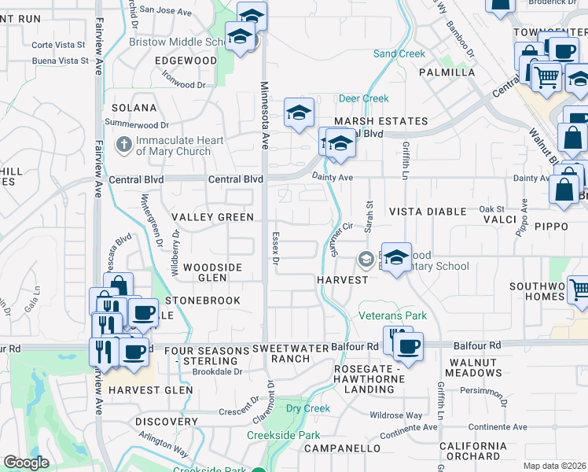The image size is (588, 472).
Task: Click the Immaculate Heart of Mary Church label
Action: click(179, 146)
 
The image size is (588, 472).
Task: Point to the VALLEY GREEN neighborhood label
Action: click(213, 217)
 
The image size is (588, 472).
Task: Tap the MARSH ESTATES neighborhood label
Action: click(380, 121)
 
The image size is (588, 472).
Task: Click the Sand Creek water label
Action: click(399, 53)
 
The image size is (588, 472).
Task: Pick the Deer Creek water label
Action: click(363, 98)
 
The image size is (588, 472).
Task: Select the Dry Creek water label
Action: click(308, 408)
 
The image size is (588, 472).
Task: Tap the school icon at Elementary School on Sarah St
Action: click(396, 258)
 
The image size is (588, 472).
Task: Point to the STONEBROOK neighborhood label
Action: click(209, 301)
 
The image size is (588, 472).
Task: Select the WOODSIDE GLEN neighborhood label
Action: click(212, 272)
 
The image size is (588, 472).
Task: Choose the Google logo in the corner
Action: click(26, 463)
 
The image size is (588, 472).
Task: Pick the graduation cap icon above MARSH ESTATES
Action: click(299, 113)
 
